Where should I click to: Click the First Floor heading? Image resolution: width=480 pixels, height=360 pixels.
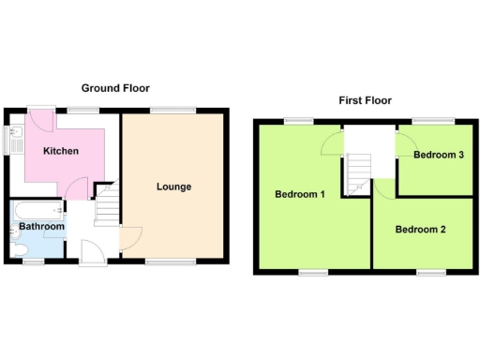365,100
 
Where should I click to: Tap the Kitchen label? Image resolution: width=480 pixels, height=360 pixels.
60,151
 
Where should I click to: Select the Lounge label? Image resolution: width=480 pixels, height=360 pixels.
173,187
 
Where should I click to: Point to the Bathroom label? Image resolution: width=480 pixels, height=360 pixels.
42,227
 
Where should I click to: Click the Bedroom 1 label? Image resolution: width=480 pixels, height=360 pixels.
299,195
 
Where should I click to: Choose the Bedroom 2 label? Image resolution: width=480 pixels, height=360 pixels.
419,230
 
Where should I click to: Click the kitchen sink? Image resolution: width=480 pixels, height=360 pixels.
14,141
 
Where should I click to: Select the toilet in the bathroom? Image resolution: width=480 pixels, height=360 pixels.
16,248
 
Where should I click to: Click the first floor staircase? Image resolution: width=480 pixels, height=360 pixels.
357,174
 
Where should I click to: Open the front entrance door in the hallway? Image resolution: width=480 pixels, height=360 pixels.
93,251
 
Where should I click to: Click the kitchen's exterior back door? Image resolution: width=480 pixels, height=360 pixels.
40,119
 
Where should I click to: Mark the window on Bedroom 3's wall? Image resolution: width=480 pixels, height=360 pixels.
432,121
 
